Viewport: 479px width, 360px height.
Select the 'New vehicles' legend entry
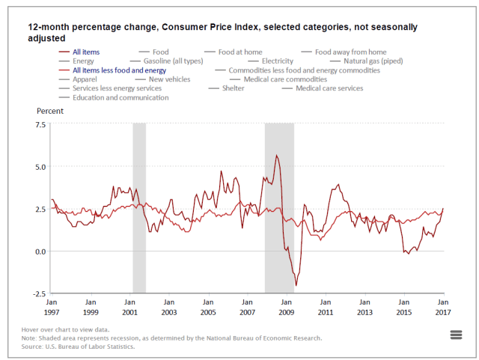169,79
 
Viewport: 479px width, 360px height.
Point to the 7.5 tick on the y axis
38,124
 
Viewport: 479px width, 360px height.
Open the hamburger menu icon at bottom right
456,335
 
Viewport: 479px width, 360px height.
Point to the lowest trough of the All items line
296,285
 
